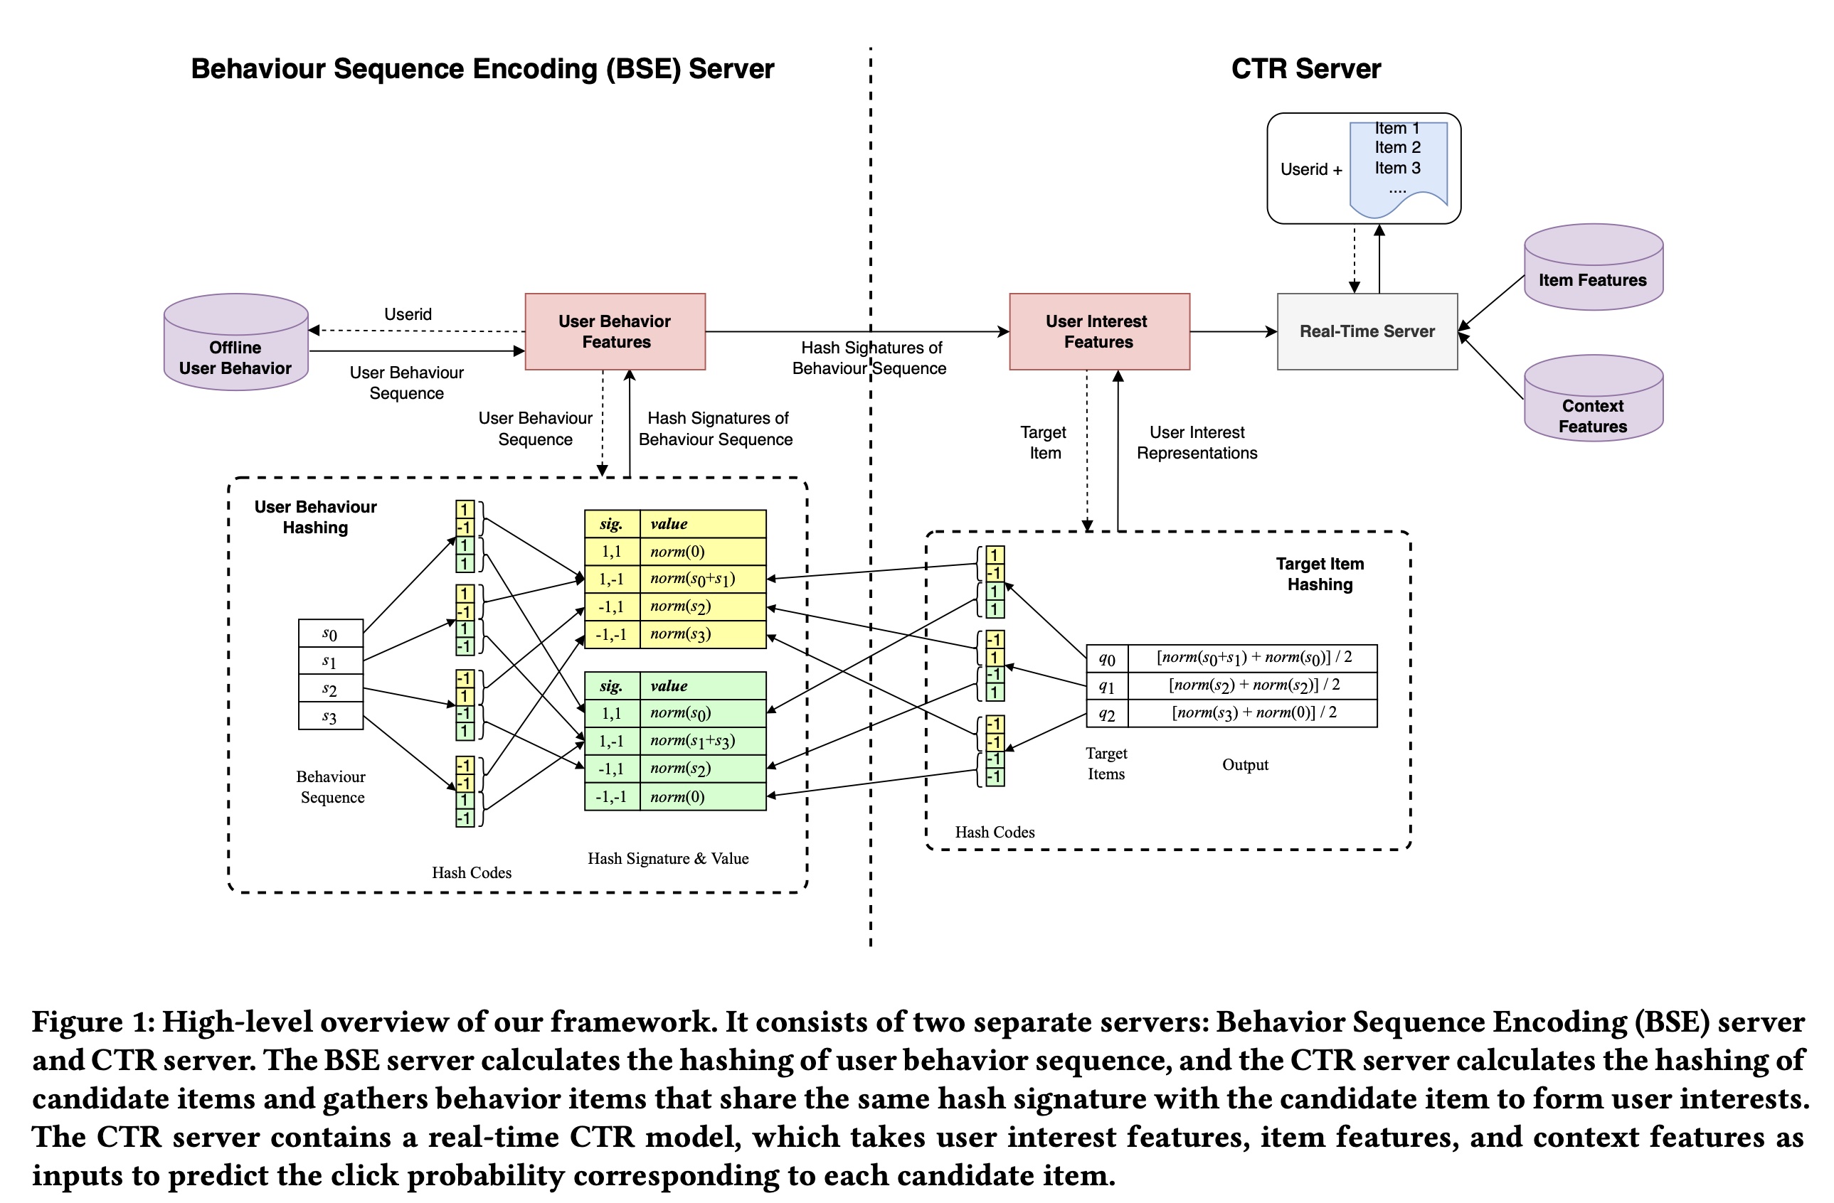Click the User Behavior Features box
615,331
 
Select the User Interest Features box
1099,331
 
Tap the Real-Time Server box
1367,331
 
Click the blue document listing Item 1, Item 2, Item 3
1398,166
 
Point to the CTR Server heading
1305,69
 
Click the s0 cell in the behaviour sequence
331,633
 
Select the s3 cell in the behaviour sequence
331,716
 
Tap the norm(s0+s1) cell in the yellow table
702,579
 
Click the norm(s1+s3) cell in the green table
702,740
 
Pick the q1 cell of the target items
1106,685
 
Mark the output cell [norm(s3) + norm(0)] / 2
1253,712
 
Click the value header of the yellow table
702,524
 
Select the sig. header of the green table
612,685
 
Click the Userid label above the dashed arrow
408,314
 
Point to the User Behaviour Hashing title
315,517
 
